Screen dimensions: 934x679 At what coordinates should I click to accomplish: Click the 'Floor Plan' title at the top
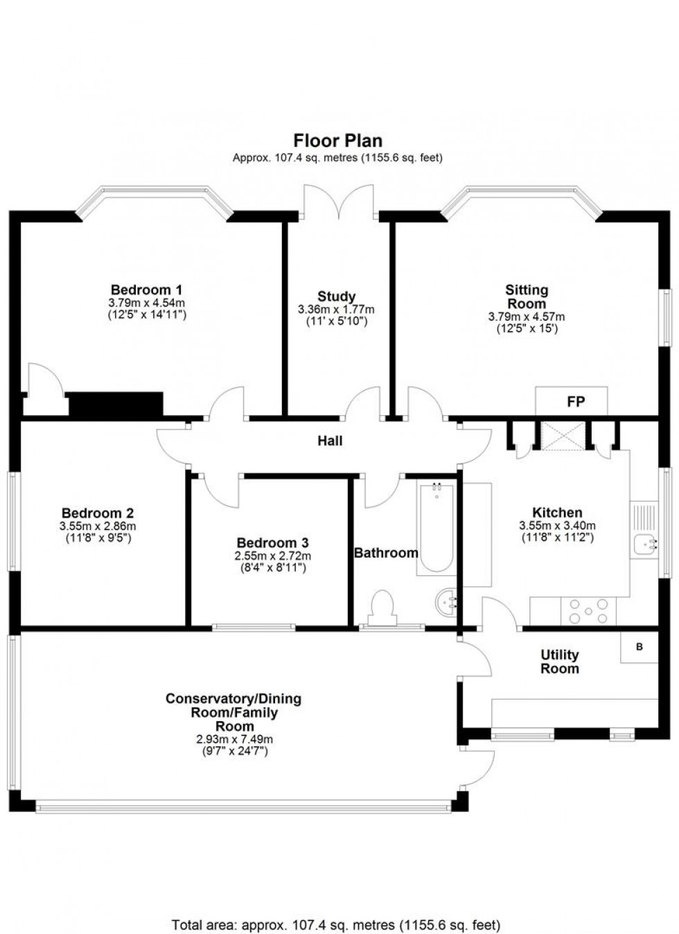[337, 141]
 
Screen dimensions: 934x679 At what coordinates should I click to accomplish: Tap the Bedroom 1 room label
[146, 290]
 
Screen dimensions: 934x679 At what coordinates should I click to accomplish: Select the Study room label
[336, 297]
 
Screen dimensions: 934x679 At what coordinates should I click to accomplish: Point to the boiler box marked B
[639, 647]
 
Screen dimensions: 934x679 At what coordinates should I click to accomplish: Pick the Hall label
[330, 441]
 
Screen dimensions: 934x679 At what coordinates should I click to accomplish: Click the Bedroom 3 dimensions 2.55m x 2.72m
[272, 556]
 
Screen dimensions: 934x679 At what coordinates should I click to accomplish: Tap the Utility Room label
[559, 662]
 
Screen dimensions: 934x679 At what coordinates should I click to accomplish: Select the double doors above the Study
[339, 201]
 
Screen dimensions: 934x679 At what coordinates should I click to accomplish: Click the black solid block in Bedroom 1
[115, 405]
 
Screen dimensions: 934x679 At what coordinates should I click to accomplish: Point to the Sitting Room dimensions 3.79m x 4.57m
[526, 317]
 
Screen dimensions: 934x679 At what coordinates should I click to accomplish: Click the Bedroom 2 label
[98, 513]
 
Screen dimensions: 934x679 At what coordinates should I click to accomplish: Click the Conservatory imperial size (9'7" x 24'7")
[234, 751]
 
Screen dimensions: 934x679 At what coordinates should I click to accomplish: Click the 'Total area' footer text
[335, 925]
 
